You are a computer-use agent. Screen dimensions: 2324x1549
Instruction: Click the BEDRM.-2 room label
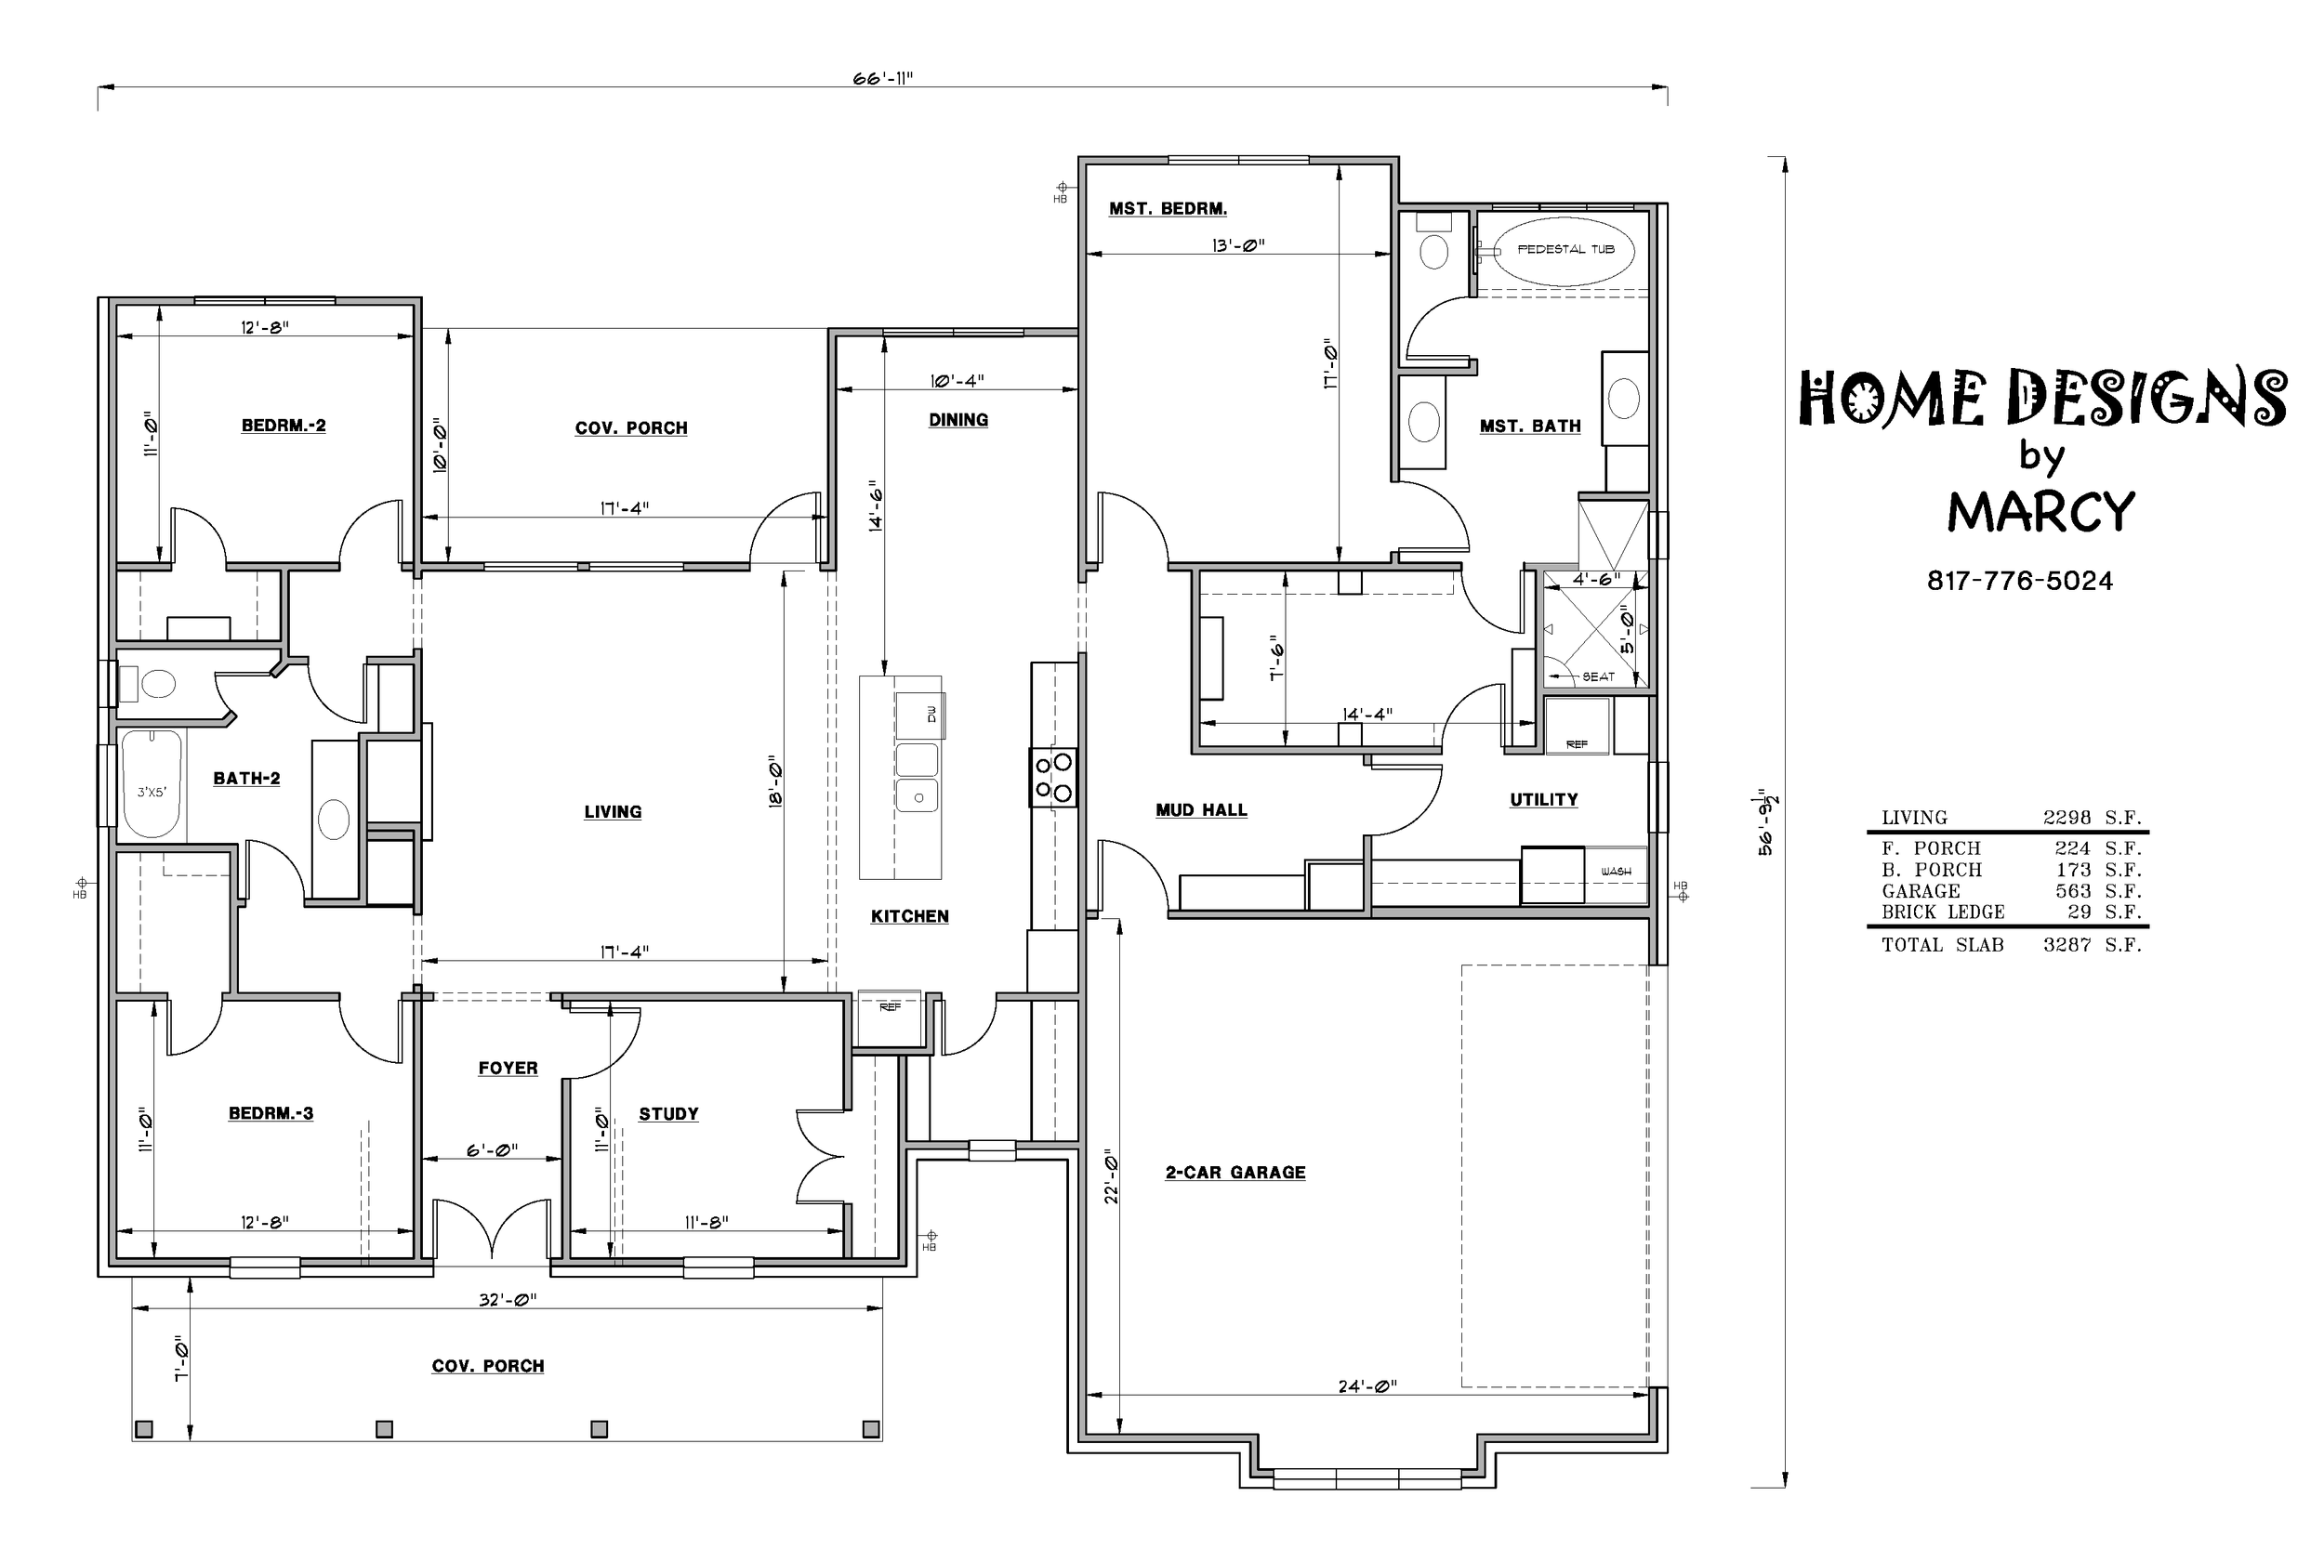(284, 426)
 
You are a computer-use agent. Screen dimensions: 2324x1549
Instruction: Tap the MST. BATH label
(1529, 427)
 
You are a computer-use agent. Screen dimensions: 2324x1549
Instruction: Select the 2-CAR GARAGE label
(1235, 1173)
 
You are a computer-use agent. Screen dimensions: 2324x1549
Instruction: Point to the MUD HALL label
(1202, 810)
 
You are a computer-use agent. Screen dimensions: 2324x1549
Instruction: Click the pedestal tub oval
(1565, 250)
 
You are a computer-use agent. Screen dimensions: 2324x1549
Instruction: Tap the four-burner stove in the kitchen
(1053, 778)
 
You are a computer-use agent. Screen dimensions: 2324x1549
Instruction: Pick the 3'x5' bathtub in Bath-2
(152, 784)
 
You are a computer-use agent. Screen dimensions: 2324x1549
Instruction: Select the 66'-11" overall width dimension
(882, 79)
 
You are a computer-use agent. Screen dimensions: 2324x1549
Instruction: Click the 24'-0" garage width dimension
(1367, 1387)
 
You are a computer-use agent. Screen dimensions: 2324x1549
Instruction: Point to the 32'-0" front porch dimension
(508, 1300)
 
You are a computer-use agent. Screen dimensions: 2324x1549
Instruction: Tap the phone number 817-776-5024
(2020, 581)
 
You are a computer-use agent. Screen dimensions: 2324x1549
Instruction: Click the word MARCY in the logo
(2041, 512)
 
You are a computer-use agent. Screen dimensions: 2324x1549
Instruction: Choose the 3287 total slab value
(2067, 945)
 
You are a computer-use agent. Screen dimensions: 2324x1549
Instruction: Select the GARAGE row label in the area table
(1921, 891)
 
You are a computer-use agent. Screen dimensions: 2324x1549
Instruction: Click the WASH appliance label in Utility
(1616, 872)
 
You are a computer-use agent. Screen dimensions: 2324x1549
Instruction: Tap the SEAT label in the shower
(1599, 676)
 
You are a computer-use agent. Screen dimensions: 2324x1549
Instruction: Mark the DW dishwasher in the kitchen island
(931, 714)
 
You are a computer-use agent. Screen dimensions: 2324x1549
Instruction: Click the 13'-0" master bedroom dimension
(1238, 245)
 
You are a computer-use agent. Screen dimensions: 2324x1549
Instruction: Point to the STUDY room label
(669, 1114)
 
